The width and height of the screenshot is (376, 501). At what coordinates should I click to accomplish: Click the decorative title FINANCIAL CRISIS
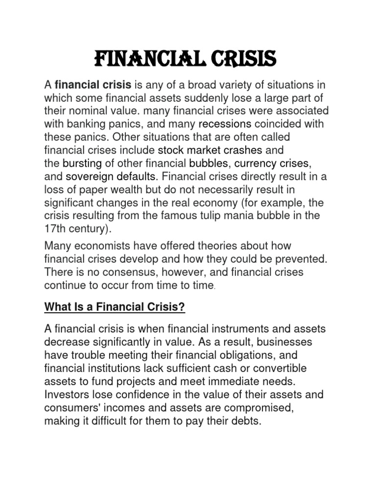pos(185,60)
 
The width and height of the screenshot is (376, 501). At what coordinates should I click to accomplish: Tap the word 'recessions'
pos(225,123)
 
